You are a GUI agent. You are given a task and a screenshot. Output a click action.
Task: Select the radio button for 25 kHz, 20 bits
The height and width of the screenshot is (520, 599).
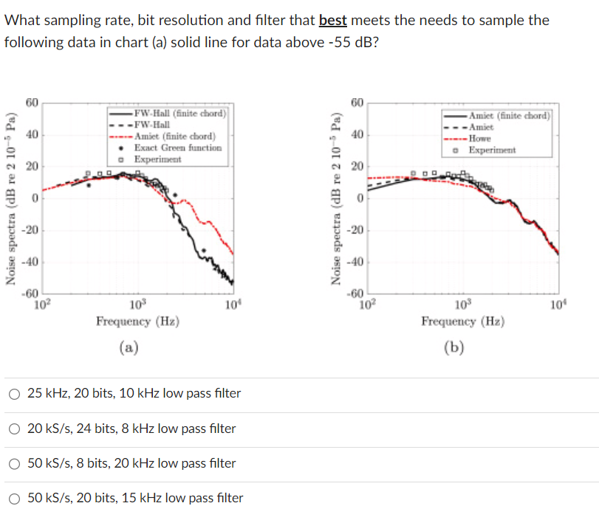(15, 394)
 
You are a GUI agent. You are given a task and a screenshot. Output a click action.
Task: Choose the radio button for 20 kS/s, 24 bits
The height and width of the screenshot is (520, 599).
(15, 429)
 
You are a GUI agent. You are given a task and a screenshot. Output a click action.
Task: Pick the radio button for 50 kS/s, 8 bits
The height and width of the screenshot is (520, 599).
(15, 463)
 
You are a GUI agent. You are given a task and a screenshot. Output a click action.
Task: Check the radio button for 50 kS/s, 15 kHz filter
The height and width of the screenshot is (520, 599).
(15, 498)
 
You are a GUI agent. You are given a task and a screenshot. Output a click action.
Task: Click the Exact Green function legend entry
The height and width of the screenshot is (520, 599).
(177, 148)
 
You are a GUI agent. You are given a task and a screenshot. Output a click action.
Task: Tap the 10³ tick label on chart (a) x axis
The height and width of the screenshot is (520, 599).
(137, 303)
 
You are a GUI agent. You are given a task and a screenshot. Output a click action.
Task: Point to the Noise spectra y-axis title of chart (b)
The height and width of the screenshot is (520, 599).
(337, 199)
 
